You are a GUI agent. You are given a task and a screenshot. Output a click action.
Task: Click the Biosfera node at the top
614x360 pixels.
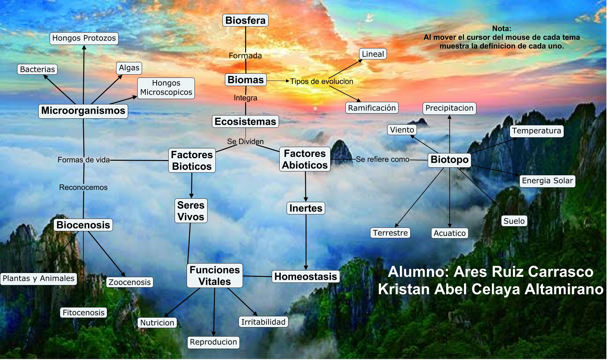coord(245,20)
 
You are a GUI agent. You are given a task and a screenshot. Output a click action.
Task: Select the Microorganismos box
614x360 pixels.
coord(83,111)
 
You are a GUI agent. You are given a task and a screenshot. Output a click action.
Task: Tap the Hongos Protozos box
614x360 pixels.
coord(84,38)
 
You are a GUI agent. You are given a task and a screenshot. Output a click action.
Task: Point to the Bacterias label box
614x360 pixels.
coord(37,69)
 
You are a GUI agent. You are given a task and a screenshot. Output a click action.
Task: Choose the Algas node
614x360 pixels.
coord(129,68)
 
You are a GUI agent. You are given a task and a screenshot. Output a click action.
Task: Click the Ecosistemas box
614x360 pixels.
coord(245,121)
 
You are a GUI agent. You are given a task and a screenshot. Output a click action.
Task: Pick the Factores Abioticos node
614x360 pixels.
coord(305,159)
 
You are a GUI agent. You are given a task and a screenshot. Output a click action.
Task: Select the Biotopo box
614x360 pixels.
coord(450,159)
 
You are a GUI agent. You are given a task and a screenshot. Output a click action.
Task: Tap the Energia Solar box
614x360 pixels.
coord(547,181)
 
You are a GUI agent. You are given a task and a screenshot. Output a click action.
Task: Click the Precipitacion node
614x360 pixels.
coord(449,108)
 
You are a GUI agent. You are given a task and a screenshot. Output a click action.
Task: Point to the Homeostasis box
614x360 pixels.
coord(306,276)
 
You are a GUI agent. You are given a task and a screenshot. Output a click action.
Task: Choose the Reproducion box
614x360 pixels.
coord(213,342)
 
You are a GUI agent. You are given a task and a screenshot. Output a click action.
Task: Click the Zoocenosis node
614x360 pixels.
coord(130,282)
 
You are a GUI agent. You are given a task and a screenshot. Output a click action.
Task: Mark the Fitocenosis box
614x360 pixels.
coord(84,313)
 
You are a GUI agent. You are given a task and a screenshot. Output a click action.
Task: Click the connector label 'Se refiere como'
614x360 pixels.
coord(382,159)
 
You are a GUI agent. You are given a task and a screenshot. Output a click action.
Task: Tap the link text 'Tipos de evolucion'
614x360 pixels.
coord(321,82)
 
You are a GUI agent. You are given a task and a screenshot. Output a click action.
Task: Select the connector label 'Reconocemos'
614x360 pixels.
coord(83,187)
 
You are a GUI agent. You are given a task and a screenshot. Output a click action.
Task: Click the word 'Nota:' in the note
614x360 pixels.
coord(501,28)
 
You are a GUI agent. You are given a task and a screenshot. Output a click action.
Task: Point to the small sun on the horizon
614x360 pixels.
coord(315,109)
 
